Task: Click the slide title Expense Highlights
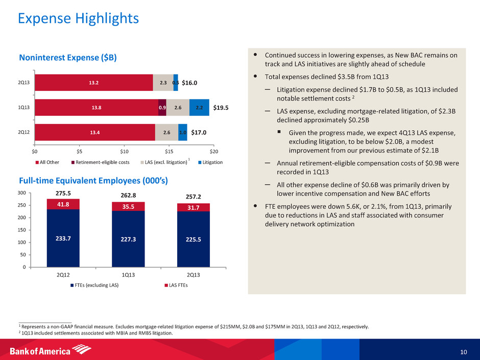78,19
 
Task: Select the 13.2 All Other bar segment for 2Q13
94,83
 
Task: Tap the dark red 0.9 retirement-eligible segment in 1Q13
162,107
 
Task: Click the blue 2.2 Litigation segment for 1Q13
199,107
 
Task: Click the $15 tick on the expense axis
169,152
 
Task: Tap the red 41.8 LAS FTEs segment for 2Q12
63,204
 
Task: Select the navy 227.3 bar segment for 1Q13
128,239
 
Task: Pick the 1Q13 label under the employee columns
128,274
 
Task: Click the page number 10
463,351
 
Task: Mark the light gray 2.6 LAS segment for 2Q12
166,132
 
